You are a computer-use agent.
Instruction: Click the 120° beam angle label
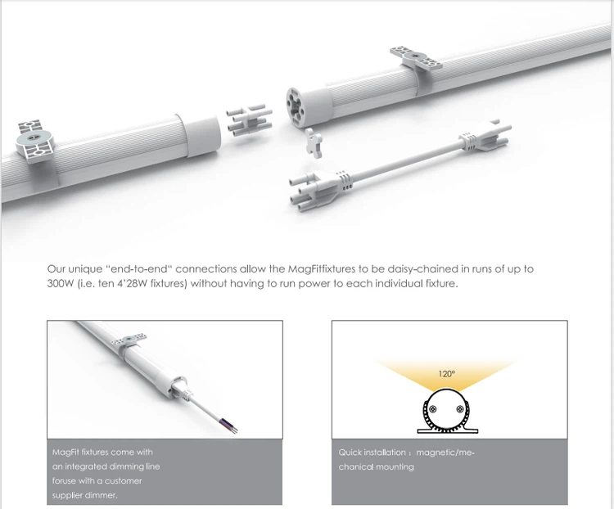[x=446, y=374]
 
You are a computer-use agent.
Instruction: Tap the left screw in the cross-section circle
[x=433, y=409]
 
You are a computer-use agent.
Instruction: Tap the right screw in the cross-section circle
[x=460, y=409]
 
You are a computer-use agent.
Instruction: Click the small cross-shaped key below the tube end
[x=314, y=142]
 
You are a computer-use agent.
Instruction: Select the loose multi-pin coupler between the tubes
[x=249, y=120]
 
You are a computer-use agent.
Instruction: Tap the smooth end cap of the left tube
[x=201, y=134]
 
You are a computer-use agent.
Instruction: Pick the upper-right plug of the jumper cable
[x=485, y=137]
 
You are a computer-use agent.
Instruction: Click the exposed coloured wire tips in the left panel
[x=232, y=428]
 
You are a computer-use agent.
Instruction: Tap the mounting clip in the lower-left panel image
[x=129, y=345]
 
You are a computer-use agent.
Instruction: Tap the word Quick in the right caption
[x=350, y=453]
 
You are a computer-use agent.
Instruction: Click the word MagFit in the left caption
[x=65, y=453]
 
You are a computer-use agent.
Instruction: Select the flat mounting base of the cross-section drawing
[x=447, y=431]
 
